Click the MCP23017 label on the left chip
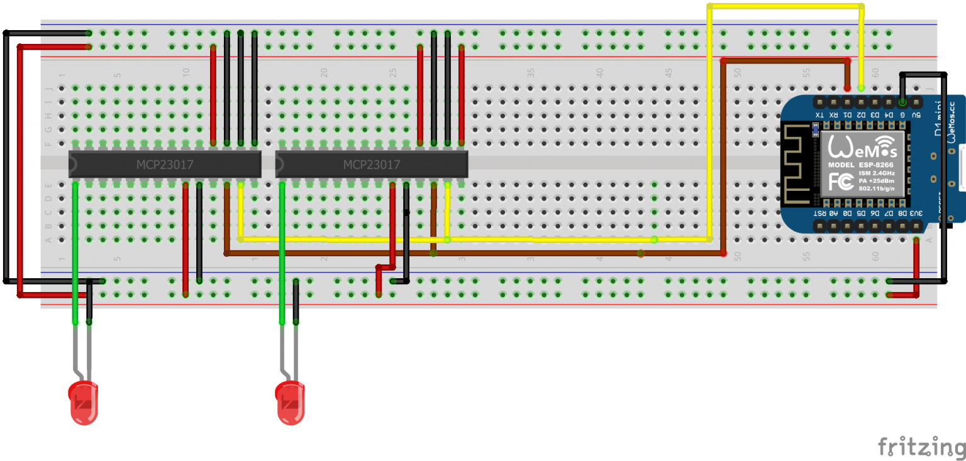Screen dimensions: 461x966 click(165, 165)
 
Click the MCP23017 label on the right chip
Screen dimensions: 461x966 click(372, 165)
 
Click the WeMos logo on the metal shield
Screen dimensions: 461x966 click(862, 148)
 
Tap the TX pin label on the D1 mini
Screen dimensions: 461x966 click(819, 116)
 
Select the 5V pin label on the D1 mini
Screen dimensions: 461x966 click(916, 116)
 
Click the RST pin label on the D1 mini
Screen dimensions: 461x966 click(819, 214)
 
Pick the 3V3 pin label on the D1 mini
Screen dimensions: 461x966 click(916, 214)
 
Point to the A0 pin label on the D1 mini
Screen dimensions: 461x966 click(833, 214)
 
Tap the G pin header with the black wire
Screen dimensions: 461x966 click(902, 102)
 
